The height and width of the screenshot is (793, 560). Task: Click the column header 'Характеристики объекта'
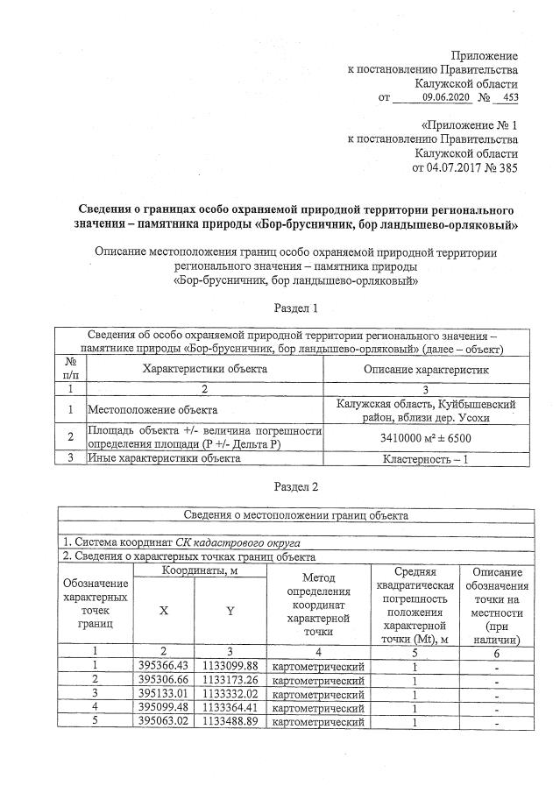(x=205, y=369)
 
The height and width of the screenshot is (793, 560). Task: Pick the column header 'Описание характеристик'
(x=425, y=369)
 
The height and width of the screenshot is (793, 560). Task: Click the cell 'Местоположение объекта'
(x=151, y=409)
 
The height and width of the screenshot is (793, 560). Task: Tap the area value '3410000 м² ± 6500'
(x=425, y=435)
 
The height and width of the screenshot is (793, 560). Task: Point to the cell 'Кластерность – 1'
(x=425, y=457)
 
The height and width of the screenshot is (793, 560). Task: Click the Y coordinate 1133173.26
(x=230, y=680)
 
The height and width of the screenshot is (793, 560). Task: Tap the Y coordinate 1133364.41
(x=230, y=708)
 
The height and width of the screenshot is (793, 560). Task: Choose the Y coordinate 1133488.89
(x=230, y=722)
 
